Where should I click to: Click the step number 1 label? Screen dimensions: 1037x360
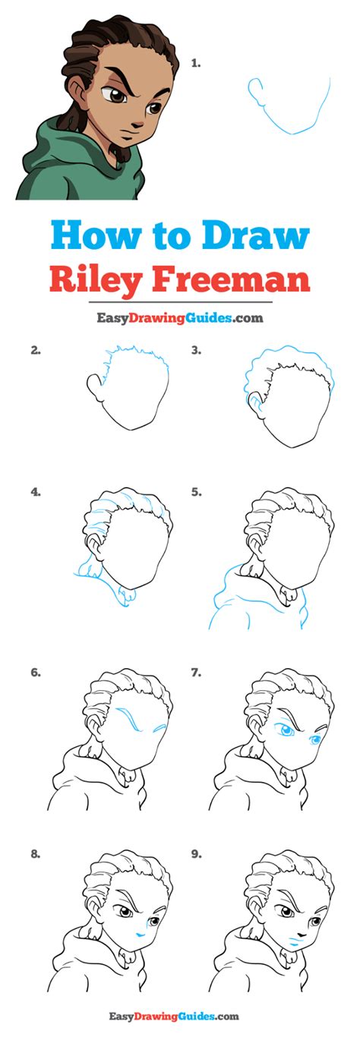point(196,65)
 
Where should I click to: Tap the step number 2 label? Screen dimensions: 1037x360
point(35,351)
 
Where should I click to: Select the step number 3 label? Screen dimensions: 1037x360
point(196,351)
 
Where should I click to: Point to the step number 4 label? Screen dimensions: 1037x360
point(35,492)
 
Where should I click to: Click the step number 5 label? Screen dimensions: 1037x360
point(196,492)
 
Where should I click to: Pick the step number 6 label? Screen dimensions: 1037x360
point(35,673)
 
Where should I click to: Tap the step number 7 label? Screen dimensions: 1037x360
point(196,673)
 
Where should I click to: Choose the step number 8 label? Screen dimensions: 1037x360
point(35,853)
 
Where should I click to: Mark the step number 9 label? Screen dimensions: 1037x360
point(196,853)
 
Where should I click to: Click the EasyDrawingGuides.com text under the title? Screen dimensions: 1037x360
point(180,318)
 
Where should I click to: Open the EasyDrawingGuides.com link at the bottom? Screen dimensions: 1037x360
point(180,1016)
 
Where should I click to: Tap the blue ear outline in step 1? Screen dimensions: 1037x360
point(254,92)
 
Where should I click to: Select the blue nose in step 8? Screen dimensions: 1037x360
point(139,931)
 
